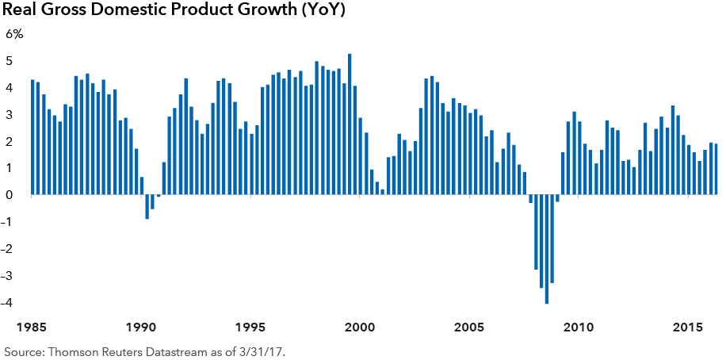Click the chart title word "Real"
21,11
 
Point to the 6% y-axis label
15,34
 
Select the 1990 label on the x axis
141,327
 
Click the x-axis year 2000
359,327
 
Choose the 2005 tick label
469,327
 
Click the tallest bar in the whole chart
350,124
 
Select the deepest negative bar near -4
547,249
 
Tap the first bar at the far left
32,137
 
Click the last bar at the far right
716,169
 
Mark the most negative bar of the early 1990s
147,206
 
